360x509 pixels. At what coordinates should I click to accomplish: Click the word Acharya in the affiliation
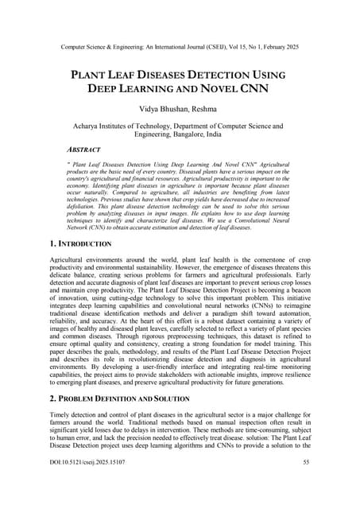pos(86,126)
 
